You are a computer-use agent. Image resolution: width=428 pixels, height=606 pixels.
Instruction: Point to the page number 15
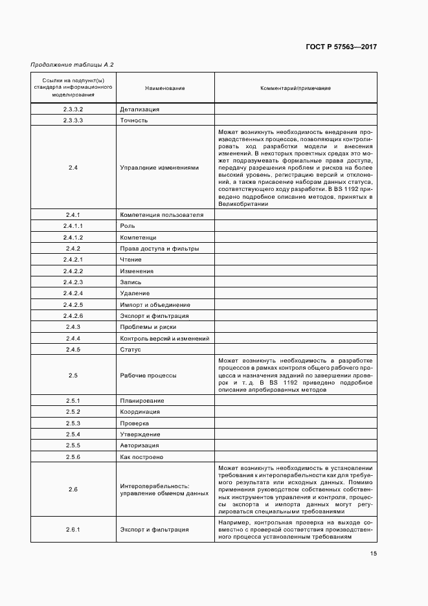[x=374, y=553]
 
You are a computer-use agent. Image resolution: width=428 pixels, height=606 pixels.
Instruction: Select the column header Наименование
[x=164, y=87]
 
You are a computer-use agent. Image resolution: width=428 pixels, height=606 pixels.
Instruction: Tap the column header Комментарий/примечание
[x=295, y=87]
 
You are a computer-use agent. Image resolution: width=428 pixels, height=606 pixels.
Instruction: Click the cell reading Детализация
[x=139, y=109]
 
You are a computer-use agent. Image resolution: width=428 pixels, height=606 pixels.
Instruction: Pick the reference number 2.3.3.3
[x=73, y=120]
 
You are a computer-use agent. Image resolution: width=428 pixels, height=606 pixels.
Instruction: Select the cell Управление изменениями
[x=159, y=168]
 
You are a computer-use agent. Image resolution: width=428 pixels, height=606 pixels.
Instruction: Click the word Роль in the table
[x=128, y=225]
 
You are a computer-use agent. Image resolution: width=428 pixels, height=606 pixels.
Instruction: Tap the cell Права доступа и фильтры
[x=159, y=249]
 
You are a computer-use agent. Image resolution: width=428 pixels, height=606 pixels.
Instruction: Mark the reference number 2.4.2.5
[x=73, y=305]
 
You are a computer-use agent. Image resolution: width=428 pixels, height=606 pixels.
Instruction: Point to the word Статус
[x=130, y=350]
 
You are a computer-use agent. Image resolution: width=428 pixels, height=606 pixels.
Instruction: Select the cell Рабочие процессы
[x=148, y=376]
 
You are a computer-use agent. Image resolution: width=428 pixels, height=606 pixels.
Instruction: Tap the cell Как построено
[x=141, y=457]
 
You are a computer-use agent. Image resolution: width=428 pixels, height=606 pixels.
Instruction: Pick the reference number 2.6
[x=73, y=489]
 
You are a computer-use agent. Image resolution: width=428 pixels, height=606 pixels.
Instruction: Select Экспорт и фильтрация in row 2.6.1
[x=154, y=530]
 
